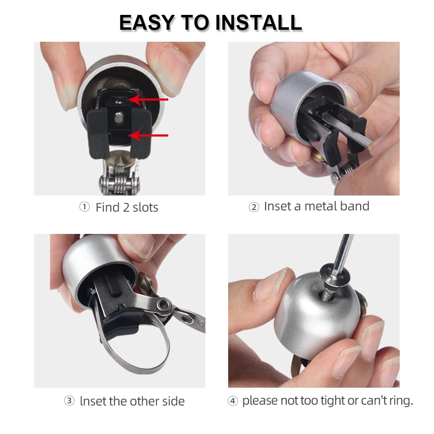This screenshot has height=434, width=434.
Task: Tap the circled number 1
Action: [x=84, y=207]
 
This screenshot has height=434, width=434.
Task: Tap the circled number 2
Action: [x=253, y=207]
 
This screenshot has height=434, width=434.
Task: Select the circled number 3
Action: [x=69, y=401]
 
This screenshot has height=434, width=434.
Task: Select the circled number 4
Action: [x=233, y=401]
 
